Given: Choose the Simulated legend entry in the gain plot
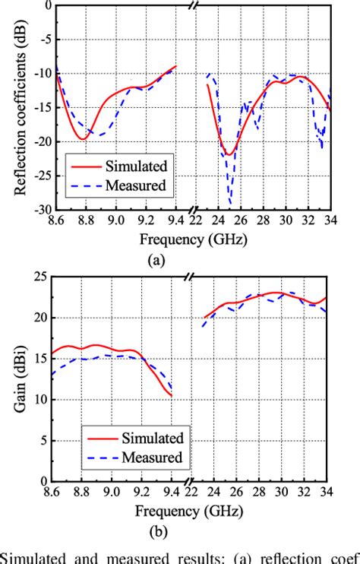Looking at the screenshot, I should coord(152,439).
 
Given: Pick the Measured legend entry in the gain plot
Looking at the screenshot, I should coord(152,458).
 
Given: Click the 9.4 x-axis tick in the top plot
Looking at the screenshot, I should coord(176,220).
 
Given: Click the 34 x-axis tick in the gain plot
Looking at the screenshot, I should coord(328,493).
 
